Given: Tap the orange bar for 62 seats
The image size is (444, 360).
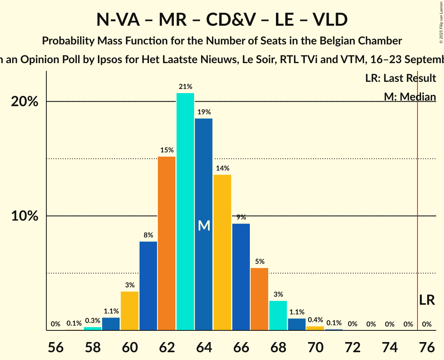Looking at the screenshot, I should click(166, 243).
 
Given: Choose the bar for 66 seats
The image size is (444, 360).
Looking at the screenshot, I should click(241, 277).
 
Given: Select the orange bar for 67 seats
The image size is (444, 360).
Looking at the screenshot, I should click(259, 299).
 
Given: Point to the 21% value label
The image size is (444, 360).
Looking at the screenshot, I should click(185, 87).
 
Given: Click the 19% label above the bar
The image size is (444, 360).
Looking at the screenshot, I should click(204, 112).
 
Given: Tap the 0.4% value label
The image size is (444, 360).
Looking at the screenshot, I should click(315, 320).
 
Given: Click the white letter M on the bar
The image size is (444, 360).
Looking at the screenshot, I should click(204, 226).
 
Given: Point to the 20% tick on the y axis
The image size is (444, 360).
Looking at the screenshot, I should click(25, 102).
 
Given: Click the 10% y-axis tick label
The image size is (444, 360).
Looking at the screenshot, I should click(25, 216).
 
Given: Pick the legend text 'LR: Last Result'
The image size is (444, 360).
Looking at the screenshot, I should click(400, 78).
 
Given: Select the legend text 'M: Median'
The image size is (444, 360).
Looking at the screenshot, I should click(410, 97).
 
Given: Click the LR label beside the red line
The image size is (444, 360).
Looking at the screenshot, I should click(427, 300).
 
